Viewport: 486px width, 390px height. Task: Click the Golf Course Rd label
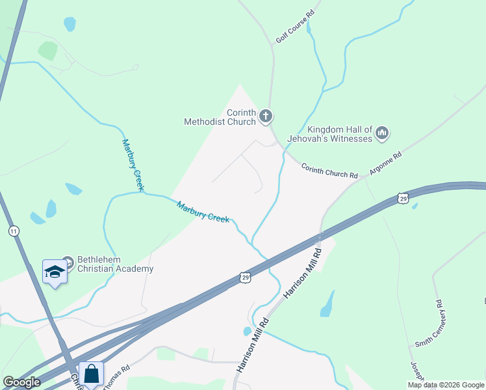[x=295, y=27]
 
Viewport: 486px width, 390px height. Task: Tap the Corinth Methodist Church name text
[x=220, y=116]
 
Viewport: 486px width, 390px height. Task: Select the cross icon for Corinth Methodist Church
[x=265, y=117]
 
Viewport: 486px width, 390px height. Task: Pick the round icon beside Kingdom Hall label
[x=382, y=134]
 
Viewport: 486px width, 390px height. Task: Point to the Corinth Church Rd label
[x=329, y=171]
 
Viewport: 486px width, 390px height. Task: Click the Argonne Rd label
[x=386, y=166]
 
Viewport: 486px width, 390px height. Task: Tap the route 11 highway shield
[x=14, y=231]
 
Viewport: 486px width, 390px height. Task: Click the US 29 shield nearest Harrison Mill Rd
[x=244, y=277]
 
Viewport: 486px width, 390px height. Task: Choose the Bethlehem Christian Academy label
[x=115, y=264]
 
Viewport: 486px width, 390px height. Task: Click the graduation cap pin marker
[x=55, y=272]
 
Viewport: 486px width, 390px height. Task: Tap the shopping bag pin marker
[x=92, y=374]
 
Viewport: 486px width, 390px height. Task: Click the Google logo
[x=21, y=382]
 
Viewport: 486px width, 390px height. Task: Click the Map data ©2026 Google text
[x=446, y=385]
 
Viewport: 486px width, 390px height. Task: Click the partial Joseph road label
[x=416, y=371]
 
